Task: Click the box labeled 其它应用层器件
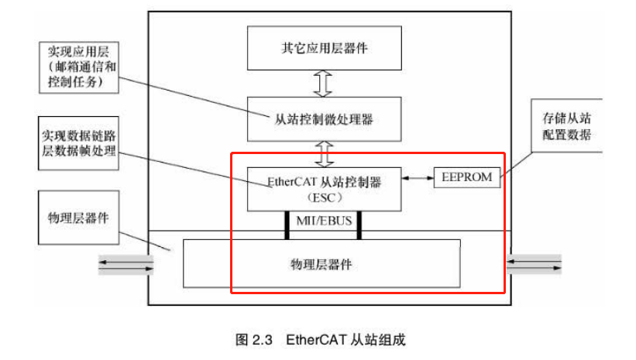point(325,48)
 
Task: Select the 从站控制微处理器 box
point(325,118)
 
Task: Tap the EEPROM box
point(466,177)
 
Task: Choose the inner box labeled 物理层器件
point(321,263)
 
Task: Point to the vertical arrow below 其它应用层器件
point(325,82)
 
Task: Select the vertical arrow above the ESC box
point(325,153)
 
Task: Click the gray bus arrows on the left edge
point(124,266)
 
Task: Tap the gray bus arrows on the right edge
point(535,265)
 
